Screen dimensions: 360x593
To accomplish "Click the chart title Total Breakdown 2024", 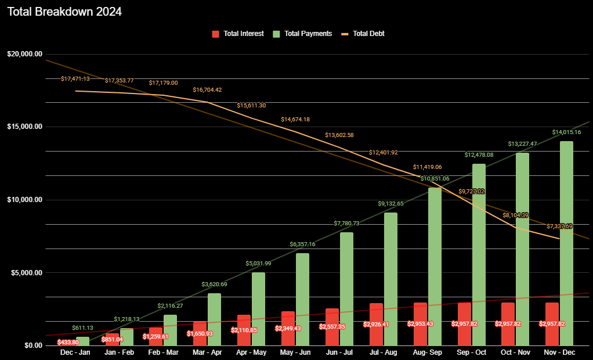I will (65, 12).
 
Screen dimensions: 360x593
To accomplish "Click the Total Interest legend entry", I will (238, 34).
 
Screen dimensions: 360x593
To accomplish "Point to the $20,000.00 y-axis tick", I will (25, 54).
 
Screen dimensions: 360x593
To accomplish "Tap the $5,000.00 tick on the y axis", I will (25, 273).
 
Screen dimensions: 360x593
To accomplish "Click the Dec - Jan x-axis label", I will (75, 352).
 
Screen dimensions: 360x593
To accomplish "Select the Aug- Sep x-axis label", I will (428, 352).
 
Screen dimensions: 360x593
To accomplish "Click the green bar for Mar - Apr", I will (214, 319).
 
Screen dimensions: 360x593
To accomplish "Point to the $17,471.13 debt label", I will (75, 78).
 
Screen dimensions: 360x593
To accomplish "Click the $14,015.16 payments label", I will (566, 132).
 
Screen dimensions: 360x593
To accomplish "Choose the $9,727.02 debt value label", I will (471, 191).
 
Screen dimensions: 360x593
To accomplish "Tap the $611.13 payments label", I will (82, 328).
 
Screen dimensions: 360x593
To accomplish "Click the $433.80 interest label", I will (68, 343).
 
